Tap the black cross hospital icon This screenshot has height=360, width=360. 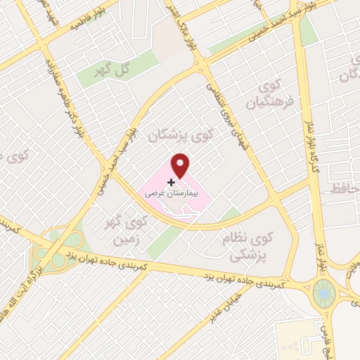(171, 181)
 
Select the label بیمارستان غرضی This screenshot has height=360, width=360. (173, 191)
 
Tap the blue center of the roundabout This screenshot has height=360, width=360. (325, 292)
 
